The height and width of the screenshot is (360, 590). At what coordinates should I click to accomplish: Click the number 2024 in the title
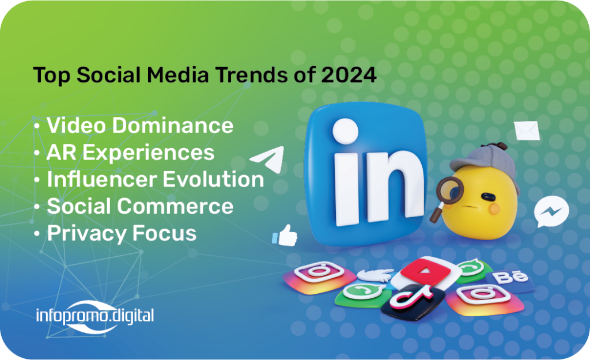(349, 74)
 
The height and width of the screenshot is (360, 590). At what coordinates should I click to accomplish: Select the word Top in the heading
(52, 75)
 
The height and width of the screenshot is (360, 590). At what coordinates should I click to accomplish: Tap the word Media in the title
(177, 74)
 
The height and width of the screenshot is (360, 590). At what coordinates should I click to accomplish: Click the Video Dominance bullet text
(140, 125)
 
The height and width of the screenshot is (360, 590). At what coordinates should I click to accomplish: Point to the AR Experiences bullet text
(131, 152)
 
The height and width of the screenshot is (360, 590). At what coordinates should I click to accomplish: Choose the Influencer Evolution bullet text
(156, 179)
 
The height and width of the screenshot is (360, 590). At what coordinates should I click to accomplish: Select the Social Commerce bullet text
(140, 206)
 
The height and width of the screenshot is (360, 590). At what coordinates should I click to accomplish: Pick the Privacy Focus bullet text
(122, 233)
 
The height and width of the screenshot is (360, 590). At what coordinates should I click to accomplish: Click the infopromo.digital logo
(95, 316)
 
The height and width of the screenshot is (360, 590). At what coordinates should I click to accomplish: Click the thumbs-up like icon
(285, 236)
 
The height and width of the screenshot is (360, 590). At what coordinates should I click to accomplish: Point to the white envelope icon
(527, 131)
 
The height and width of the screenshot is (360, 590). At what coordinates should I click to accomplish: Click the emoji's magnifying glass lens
(449, 190)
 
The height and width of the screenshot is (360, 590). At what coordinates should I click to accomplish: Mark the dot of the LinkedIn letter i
(346, 131)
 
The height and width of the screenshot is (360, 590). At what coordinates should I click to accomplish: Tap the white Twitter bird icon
(375, 275)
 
